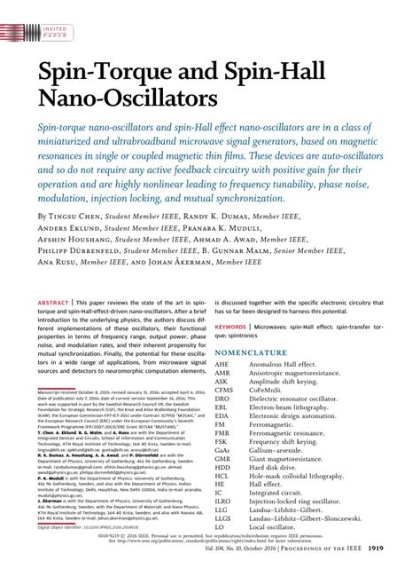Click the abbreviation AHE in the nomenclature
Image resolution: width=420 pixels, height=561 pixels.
(222, 365)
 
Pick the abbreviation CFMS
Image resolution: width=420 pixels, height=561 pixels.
(225, 390)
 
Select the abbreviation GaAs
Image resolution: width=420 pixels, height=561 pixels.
(224, 450)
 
